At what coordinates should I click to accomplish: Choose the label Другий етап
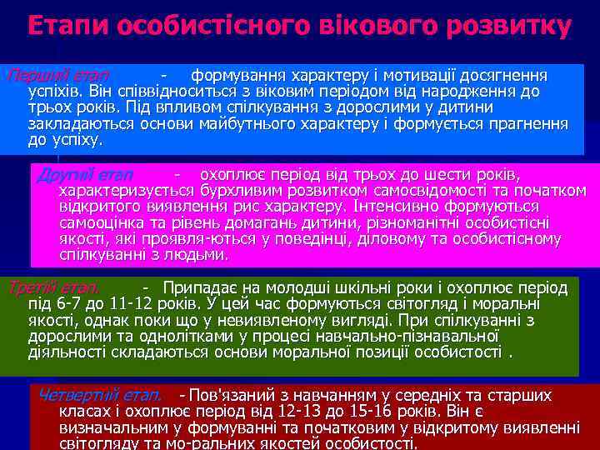pos(86,174)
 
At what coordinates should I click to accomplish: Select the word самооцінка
pos(102,222)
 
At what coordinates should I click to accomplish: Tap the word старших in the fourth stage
pos(520,395)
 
